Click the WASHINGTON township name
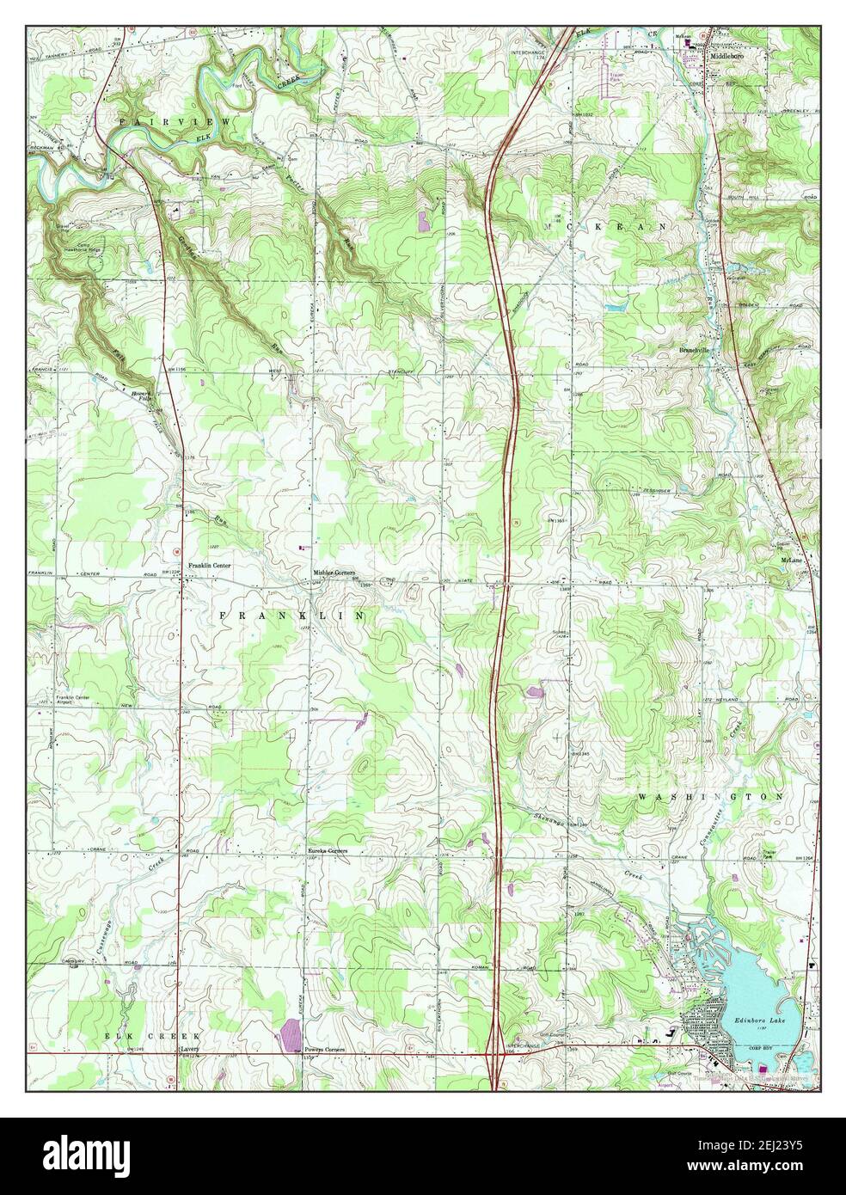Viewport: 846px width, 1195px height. [x=710, y=798]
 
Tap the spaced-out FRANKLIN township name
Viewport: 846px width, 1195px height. [x=292, y=616]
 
